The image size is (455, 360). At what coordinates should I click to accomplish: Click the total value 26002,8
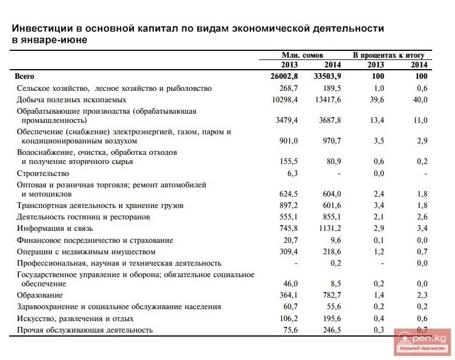tap(285, 76)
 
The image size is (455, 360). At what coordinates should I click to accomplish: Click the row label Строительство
tap(43, 173)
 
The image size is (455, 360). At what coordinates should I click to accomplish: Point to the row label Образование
tap(39, 295)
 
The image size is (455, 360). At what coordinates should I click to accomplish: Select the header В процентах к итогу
tap(388, 55)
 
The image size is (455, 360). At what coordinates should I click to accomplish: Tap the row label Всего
tap(25, 76)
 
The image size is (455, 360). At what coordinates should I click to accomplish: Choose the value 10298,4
tap(285, 99)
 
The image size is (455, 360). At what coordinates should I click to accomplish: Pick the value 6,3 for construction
tap(292, 173)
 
